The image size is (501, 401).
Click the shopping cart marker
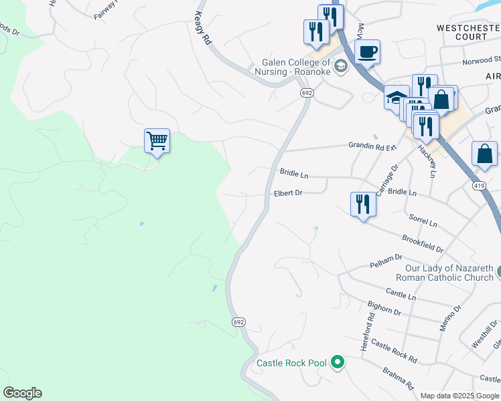pyautogui.click(x=157, y=141)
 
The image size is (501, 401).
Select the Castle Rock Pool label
pyautogui.click(x=291, y=363)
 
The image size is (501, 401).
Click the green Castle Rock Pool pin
pyautogui.click(x=338, y=363)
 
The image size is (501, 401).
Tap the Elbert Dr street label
pyautogui.click(x=288, y=193)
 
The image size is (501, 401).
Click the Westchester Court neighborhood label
pyautogui.click(x=468, y=33)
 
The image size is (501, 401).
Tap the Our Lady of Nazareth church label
pyautogui.click(x=444, y=273)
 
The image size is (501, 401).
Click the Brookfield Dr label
pyautogui.click(x=423, y=243)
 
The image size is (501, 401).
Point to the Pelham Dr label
pyautogui.click(x=386, y=261)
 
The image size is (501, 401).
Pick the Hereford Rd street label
pyautogui.click(x=365, y=335)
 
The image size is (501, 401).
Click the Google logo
pyautogui.click(x=22, y=393)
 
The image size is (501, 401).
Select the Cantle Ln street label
pyautogui.click(x=401, y=293)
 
